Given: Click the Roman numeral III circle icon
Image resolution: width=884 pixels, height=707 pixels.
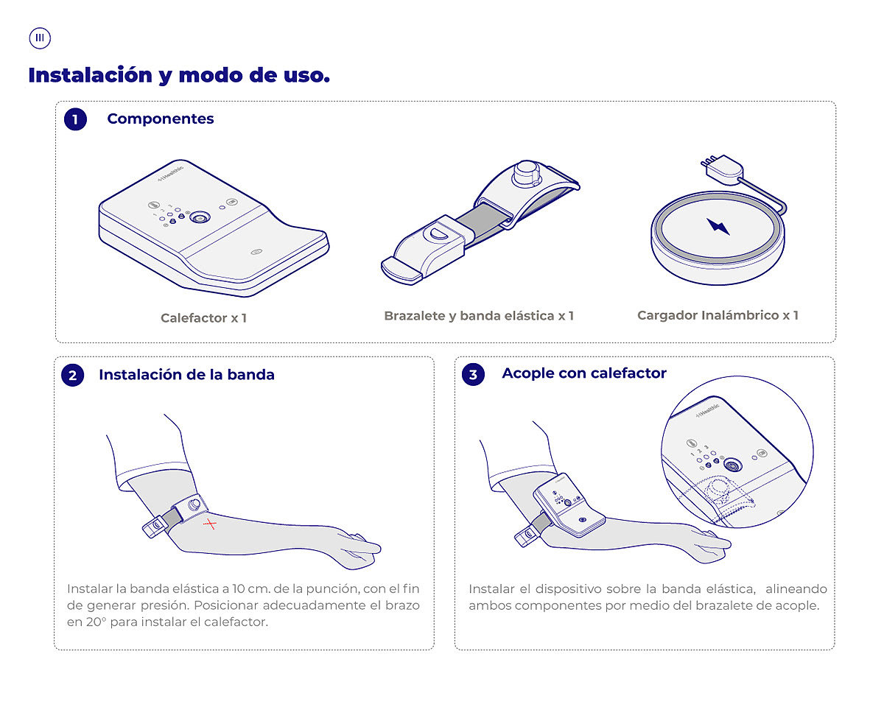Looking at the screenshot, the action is coord(40,38).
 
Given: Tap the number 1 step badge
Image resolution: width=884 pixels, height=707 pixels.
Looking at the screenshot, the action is coord(75,119).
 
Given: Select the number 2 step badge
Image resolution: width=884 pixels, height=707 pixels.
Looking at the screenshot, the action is coord(72,375).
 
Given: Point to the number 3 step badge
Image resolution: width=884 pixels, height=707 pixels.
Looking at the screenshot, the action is coord(473,374).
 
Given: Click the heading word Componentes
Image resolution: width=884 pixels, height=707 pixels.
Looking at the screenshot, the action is coord(160,119).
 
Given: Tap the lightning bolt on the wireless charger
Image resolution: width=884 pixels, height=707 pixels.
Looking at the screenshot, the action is coord(718,226).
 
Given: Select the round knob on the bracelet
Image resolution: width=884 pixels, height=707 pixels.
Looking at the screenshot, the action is coord(526,173).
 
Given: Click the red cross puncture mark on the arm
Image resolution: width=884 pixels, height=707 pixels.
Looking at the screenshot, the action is coord(210,524).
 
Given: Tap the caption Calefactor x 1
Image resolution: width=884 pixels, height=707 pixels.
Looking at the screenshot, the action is coord(203,318).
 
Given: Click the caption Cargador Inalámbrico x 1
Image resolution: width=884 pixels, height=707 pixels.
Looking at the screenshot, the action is coord(718,315).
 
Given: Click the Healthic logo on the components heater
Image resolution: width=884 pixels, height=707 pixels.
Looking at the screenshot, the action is coord(171,173).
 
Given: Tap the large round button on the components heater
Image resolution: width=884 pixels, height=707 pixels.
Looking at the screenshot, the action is coord(200,218).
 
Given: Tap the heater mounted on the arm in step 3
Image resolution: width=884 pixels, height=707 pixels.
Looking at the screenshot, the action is coord(569,505).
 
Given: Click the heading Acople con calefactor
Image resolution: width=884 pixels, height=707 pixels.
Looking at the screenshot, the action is coord(584,373).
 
